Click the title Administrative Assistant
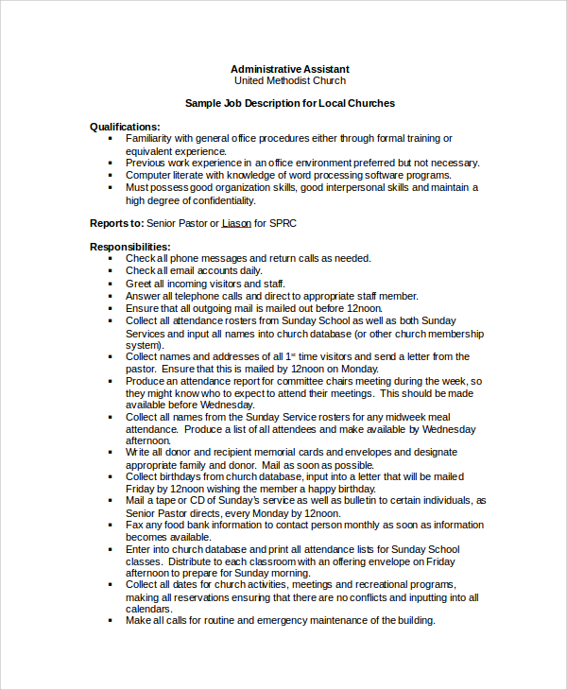click(x=290, y=69)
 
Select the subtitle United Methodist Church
click(x=290, y=81)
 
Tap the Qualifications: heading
click(x=125, y=127)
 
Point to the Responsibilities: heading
click(x=130, y=247)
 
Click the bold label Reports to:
click(x=116, y=223)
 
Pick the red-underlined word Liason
click(x=238, y=223)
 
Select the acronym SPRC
click(x=289, y=223)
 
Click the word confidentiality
click(x=222, y=200)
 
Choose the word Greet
click(x=139, y=284)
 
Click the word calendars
click(x=150, y=609)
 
